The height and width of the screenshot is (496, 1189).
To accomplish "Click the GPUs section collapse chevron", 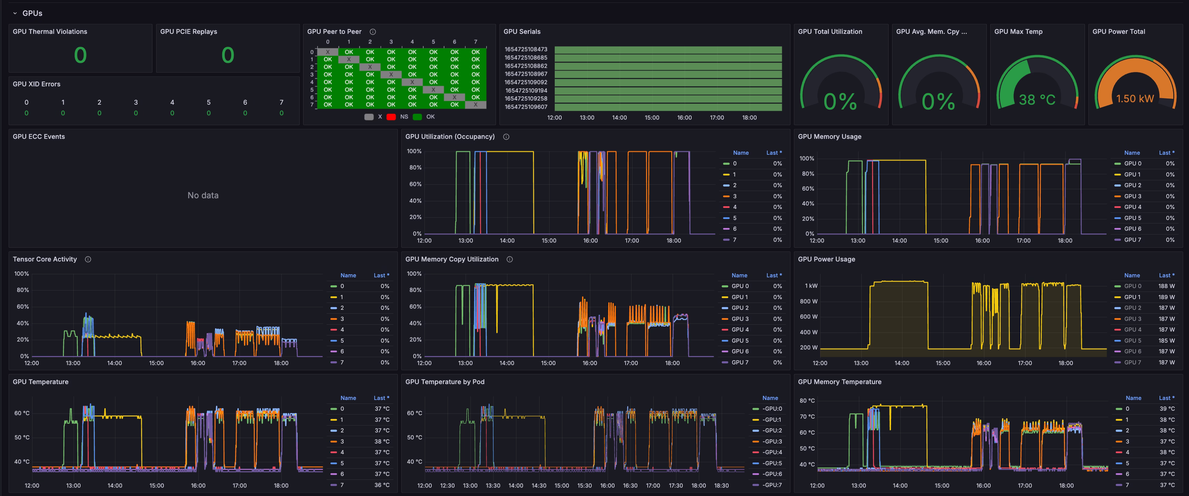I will coord(15,13).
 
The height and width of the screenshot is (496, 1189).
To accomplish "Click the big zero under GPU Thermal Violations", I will coord(80,55).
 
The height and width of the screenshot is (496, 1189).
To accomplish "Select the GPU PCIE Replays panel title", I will coord(188,31).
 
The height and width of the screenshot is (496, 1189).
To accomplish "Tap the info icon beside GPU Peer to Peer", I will coord(373,32).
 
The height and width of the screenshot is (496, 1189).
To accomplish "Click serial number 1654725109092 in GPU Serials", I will coord(526,82).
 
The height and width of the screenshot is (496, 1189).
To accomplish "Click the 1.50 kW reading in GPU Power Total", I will coord(1135,99).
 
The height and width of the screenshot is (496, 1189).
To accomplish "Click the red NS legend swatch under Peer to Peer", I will coord(391,117).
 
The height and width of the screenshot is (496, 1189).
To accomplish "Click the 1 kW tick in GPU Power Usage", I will coord(811,286).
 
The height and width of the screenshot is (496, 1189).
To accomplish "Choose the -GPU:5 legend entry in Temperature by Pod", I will coord(772,463).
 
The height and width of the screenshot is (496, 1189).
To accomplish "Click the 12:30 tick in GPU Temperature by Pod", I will coord(447,485).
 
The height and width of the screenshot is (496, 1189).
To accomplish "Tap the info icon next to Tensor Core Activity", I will coord(88,259).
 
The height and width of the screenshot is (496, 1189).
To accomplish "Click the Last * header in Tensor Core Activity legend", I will coord(381,275).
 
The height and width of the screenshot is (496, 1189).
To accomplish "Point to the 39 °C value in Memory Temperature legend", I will coord(1167,409).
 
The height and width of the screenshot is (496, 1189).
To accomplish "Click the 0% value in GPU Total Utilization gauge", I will coord(840,102).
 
